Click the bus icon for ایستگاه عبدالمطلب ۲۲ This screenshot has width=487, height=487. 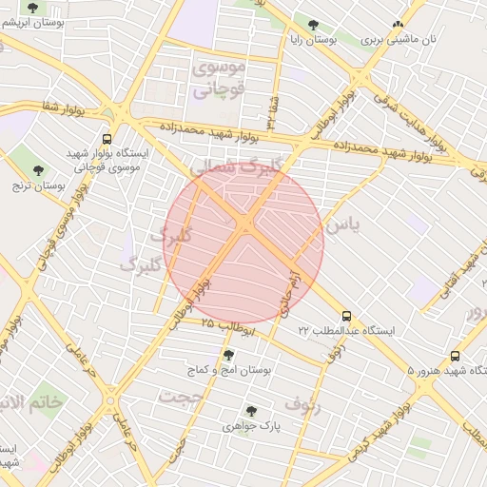(x=346, y=315)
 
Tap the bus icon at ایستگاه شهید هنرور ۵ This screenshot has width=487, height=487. (x=455, y=356)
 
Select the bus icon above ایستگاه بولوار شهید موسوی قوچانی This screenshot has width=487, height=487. (x=107, y=138)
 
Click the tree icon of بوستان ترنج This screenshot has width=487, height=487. (x=39, y=170)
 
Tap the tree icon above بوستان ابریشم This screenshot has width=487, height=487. (x=33, y=8)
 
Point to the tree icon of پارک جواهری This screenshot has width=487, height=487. (x=251, y=411)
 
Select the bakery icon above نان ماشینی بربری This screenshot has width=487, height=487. (x=398, y=25)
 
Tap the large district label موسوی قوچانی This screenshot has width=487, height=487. (x=219, y=79)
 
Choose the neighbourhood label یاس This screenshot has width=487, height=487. (x=343, y=225)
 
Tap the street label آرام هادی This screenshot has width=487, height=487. (x=284, y=293)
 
